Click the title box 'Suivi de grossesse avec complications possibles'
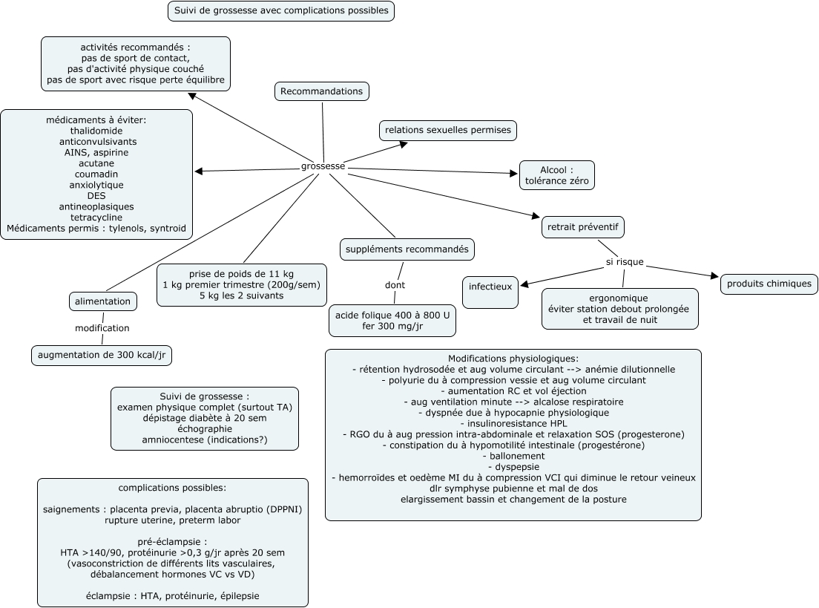coord(280,11)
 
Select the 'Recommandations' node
coord(322,91)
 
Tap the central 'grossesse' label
coord(323,166)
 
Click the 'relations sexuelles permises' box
coord(448,130)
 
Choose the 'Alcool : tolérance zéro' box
coord(556,174)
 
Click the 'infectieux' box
coord(490,284)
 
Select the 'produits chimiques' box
coord(769,284)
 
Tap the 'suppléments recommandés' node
coord(407,249)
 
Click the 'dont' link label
coord(395,285)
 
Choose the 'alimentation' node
coord(103,301)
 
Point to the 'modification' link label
coord(102,327)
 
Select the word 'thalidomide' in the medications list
coord(96,130)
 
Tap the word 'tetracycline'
coord(96,217)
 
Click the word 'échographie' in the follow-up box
coord(204,428)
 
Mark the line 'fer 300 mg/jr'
coord(393,326)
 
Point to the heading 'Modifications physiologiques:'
coord(513,358)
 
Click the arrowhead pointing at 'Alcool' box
coord(513,174)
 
